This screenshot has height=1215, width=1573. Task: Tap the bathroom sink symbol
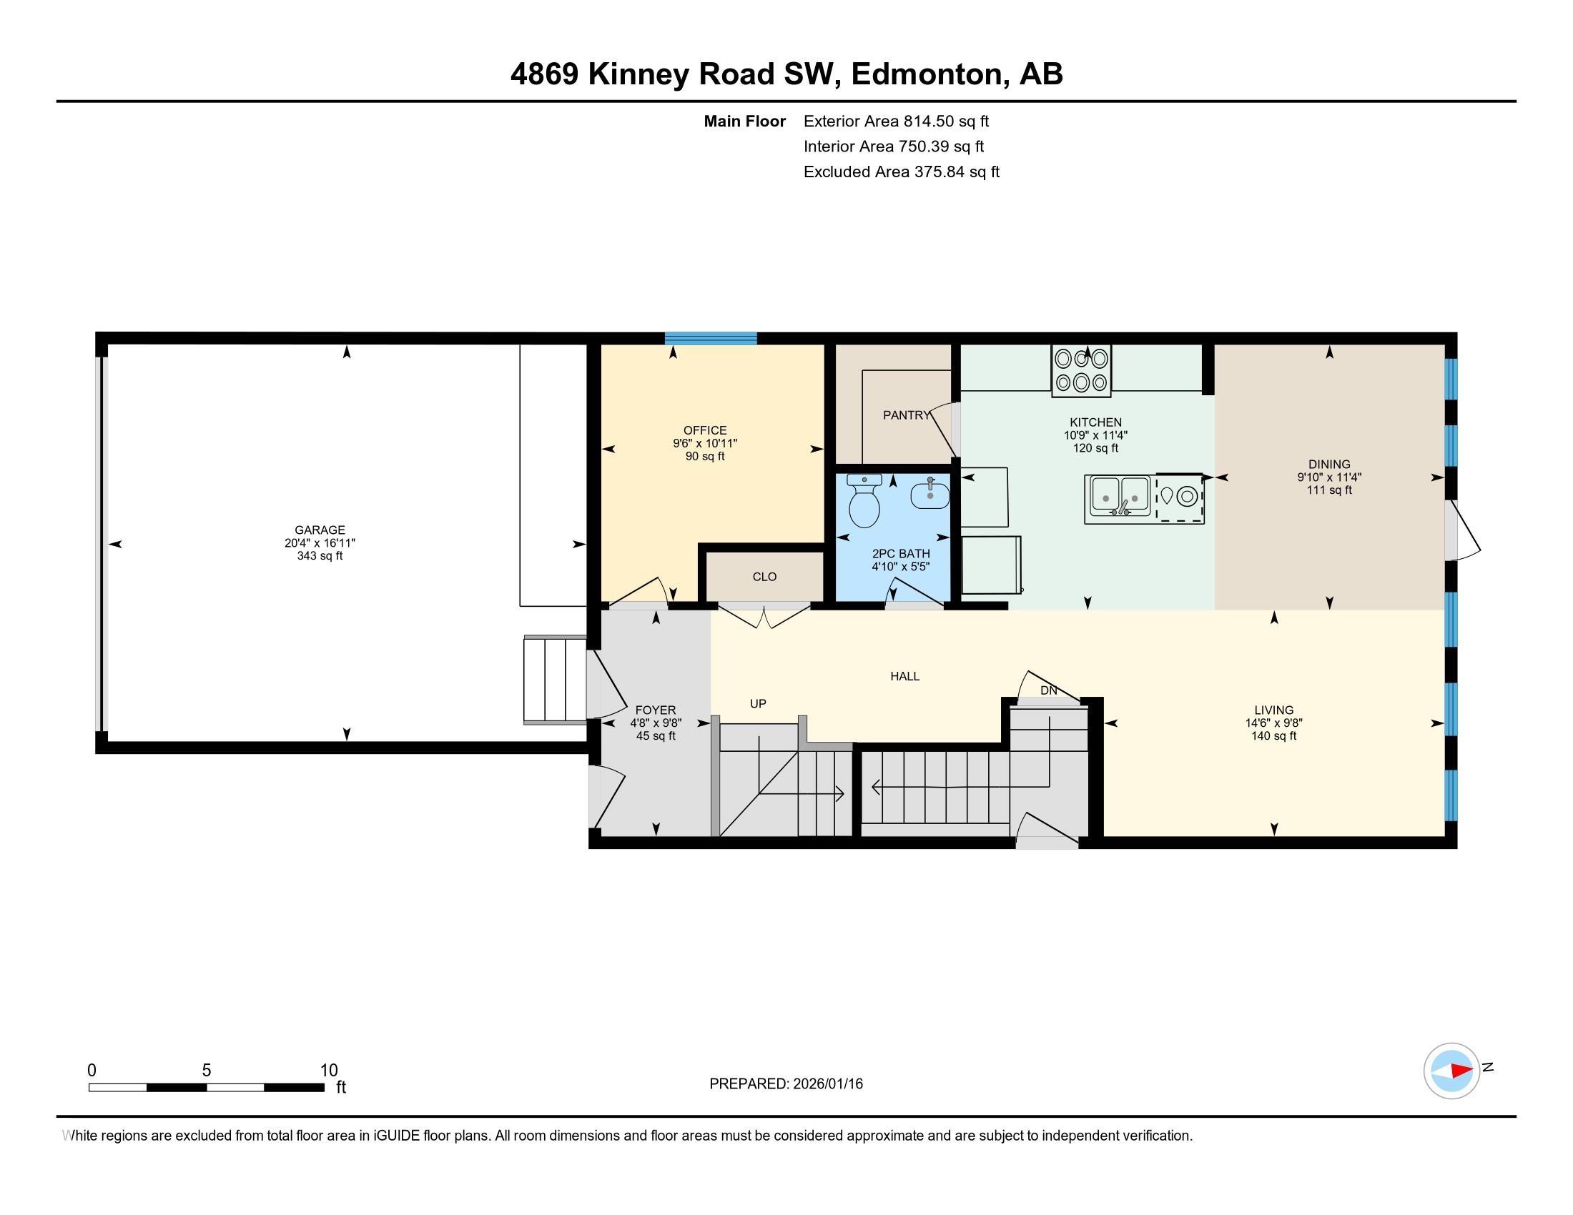pos(929,495)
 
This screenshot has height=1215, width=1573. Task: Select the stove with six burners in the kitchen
pos(1081,371)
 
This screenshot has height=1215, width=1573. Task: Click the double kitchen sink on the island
pos(1120,498)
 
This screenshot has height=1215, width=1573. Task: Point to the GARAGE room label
pos(320,530)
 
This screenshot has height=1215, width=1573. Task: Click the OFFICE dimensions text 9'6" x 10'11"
pos(705,443)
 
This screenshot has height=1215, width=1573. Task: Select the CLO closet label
pos(764,577)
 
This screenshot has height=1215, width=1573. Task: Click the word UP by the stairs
pos(758,703)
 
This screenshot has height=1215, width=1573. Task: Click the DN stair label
pos(1049,690)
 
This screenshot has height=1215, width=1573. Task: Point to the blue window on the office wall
pos(710,338)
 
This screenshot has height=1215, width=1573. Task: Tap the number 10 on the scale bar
pos(328,1071)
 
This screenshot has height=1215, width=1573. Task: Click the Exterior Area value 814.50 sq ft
pos(946,121)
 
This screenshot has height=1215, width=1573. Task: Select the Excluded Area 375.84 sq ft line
pos(901,172)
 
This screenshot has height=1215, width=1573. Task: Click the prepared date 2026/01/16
pos(827,1084)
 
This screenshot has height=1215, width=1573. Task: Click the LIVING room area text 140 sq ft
pos(1273,735)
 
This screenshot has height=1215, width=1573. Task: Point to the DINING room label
pos(1329,465)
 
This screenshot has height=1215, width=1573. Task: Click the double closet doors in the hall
pos(765,618)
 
